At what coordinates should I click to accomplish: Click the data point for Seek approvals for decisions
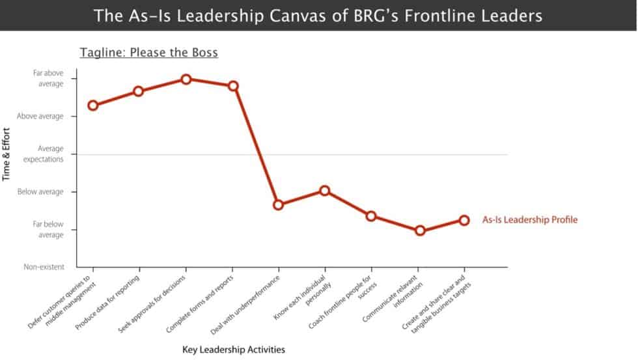point(186,79)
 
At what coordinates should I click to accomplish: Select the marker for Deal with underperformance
point(279,204)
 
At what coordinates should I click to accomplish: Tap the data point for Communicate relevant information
point(420,230)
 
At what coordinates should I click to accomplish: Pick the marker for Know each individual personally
point(325,191)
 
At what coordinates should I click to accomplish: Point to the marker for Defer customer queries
point(93,105)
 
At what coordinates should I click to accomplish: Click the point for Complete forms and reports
point(233,86)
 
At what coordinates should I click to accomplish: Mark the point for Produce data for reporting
point(139,91)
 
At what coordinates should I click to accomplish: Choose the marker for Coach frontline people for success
point(371,216)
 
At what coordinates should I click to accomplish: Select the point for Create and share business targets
point(464,220)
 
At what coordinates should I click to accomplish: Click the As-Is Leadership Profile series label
point(529,220)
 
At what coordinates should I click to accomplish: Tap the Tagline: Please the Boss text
point(149,53)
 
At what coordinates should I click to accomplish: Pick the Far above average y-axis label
point(48,79)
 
